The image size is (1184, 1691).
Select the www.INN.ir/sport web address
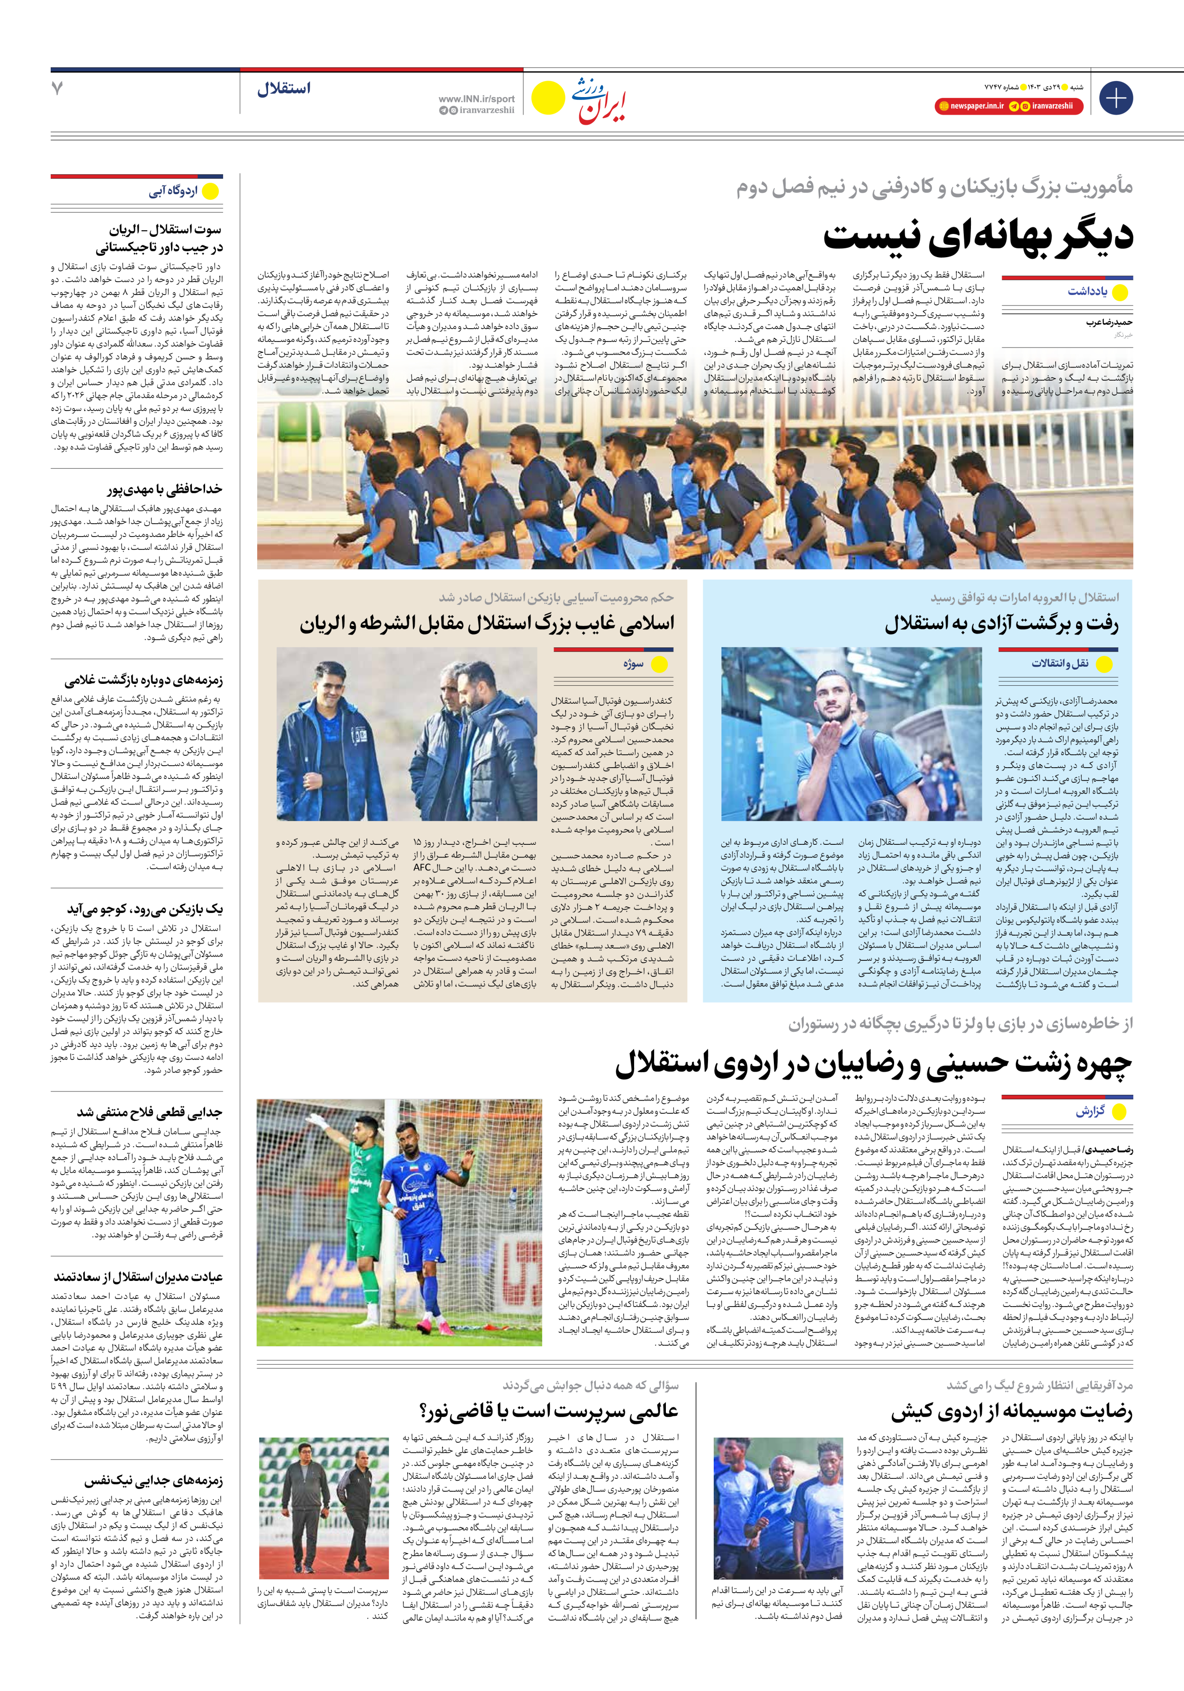pyautogui.click(x=476, y=98)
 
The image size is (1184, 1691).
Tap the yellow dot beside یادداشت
pyautogui.click(x=1120, y=292)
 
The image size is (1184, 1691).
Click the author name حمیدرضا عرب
pyautogui.click(x=1109, y=322)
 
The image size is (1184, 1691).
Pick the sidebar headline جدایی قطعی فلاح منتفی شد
pyautogui.click(x=150, y=1112)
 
